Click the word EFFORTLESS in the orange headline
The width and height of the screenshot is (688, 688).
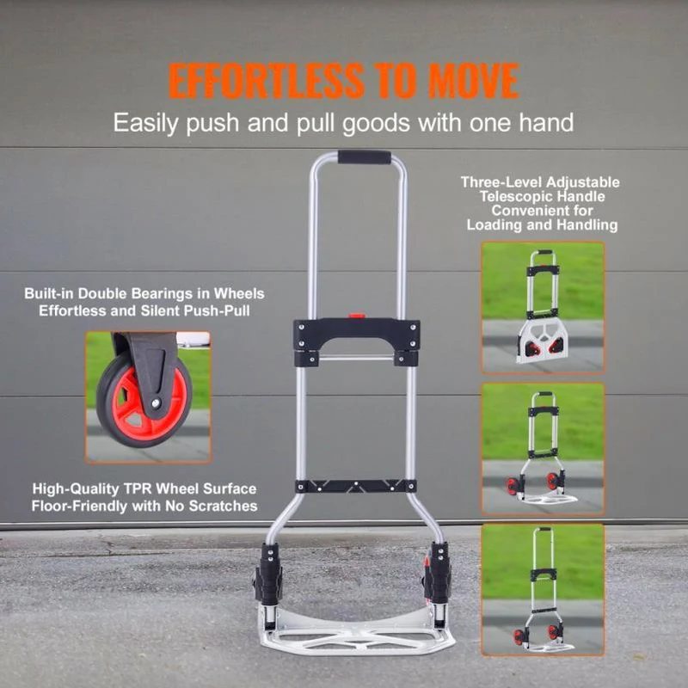pos(267,81)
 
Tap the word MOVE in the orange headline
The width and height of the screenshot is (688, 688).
pos(474,81)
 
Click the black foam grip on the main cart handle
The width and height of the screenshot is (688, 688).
pos(364,157)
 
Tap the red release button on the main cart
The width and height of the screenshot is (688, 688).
pos(357,315)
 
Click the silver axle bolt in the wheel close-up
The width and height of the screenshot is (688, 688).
pos(156,402)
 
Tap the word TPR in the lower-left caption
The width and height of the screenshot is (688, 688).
pos(138,488)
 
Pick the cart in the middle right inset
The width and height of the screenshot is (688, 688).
pos(543,447)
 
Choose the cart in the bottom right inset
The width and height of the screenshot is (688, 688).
pos(542,589)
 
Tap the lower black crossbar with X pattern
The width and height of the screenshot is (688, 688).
pos(356,486)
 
